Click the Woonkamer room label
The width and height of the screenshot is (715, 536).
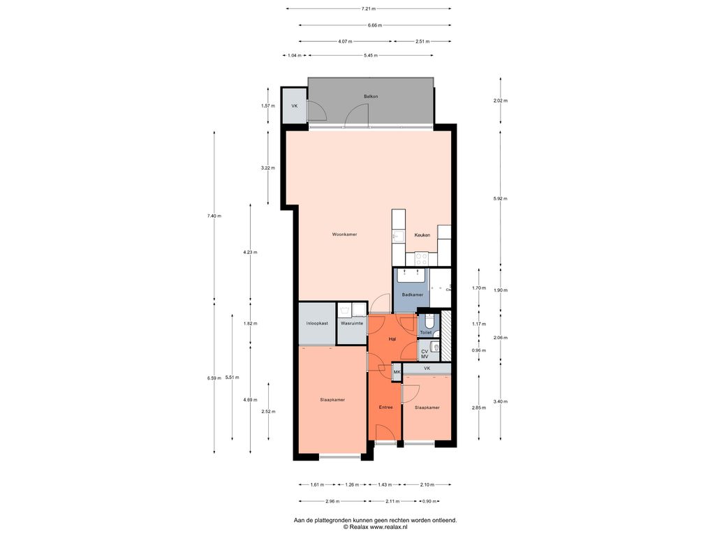coord(344,234)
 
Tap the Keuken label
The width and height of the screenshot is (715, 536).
coord(422,235)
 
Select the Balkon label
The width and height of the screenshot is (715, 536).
coord(371,96)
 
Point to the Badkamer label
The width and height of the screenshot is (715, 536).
coord(412,295)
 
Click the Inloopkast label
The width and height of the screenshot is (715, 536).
coord(317,323)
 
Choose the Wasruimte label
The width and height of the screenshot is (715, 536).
coord(352,323)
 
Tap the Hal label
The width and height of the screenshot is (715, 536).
coord(392,339)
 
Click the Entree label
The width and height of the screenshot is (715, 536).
coord(385,407)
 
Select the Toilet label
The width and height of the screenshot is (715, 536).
coord(425,333)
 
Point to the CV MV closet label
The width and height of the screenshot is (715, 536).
coord(425,354)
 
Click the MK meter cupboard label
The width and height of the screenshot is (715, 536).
coord(397,372)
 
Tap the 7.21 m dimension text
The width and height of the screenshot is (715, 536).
coord(369,8)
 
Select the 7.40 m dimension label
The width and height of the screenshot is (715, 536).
coord(214,216)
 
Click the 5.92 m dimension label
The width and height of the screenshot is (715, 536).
coord(500,199)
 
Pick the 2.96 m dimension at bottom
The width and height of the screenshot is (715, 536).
coord(333,501)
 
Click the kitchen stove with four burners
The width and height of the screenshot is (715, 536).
coord(421,259)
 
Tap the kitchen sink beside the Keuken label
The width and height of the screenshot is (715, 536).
coord(398,236)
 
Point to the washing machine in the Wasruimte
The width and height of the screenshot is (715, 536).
coord(345,311)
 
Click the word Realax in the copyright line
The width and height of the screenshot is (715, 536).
coord(360,527)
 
